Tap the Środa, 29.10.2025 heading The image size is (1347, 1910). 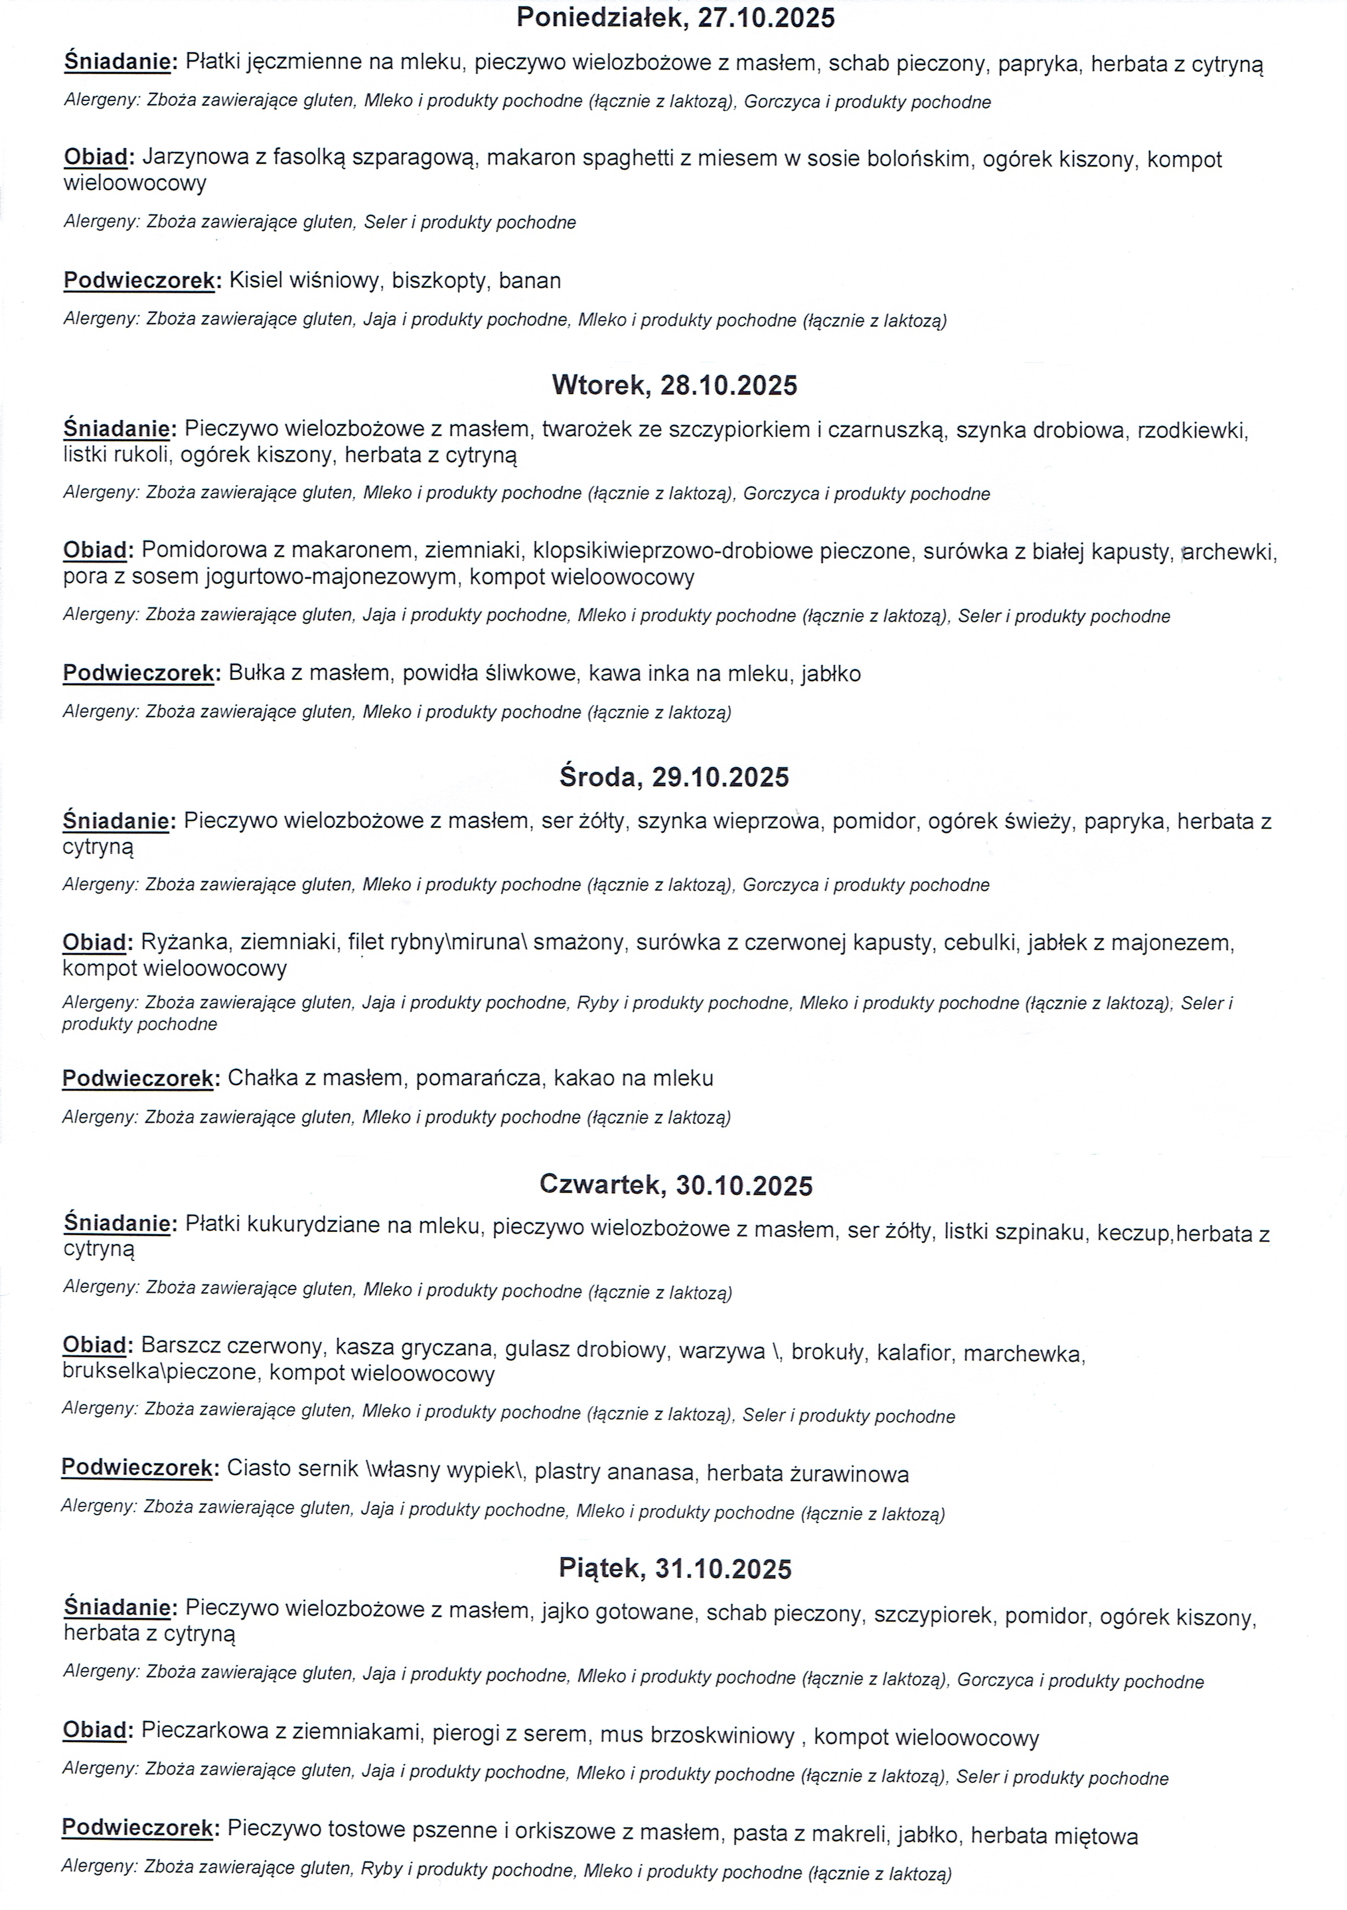(x=674, y=777)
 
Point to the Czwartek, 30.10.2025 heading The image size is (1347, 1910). (x=676, y=1185)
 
